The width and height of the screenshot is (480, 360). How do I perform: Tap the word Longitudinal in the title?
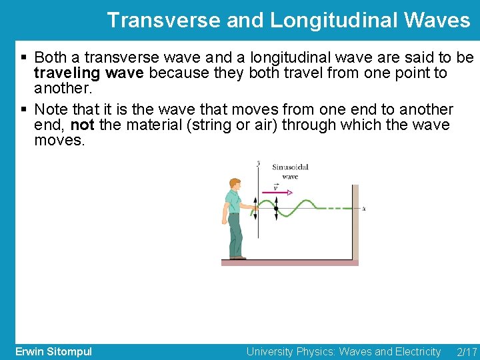(331, 20)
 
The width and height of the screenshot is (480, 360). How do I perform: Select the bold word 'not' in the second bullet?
(82, 125)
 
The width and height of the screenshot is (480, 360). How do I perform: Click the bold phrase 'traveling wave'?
(89, 73)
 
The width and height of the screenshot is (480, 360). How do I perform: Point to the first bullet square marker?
(24, 58)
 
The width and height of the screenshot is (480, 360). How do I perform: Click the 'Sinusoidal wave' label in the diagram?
(290, 171)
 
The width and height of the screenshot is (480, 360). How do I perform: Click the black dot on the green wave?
(276, 209)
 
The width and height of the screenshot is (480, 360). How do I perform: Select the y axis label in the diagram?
(259, 163)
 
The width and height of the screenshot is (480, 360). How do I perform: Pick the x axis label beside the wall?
(363, 209)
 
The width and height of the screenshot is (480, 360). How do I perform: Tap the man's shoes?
(237, 257)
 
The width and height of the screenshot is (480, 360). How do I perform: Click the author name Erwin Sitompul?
(53, 351)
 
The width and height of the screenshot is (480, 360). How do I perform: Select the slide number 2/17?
(467, 351)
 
